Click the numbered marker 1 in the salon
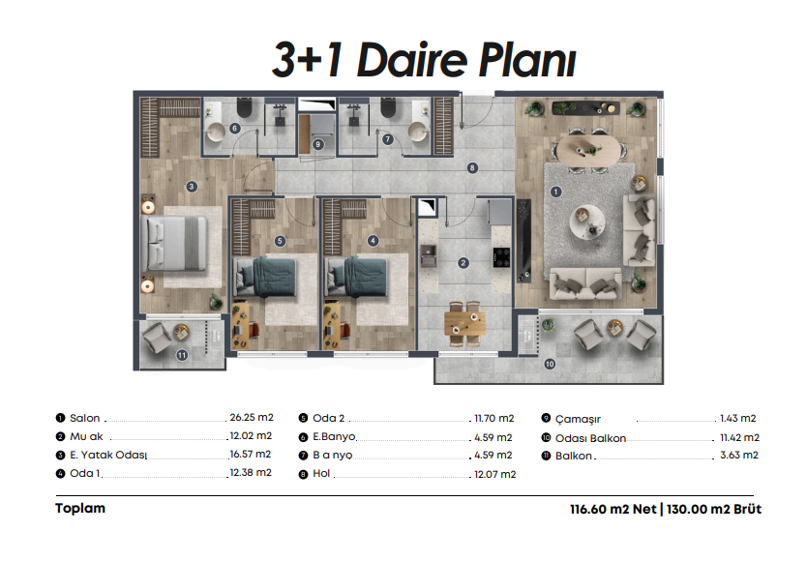[555, 192]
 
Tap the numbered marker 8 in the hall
[472, 167]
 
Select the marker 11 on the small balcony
[182, 355]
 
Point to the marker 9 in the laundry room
[318, 145]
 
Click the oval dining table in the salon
[588, 150]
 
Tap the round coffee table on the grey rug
[587, 221]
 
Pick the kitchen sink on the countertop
[429, 255]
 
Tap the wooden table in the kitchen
[464, 323]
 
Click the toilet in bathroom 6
[245, 108]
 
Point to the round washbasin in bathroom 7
[418, 132]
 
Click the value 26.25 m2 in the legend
[252, 418]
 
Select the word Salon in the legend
[85, 418]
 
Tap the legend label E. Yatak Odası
[108, 455]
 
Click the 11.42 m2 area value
[739, 438]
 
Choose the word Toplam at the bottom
[80, 508]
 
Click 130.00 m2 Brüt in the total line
[714, 510]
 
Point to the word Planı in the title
[527, 60]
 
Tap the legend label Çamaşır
[578, 420]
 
